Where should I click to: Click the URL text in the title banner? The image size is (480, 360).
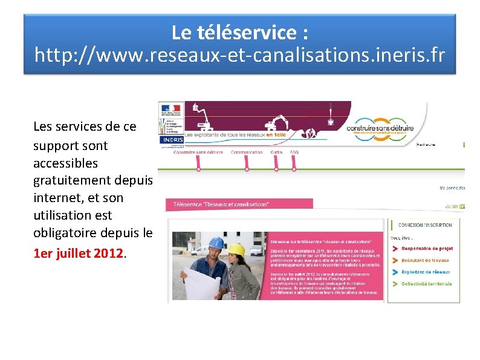click(x=239, y=56)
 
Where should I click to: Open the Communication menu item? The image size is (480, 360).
click(x=247, y=152)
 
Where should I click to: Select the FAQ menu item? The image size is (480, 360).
click(x=294, y=152)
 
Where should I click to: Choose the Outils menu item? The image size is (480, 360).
click(x=277, y=152)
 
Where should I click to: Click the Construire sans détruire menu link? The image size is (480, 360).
click(x=198, y=152)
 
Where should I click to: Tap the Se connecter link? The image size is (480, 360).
click(x=452, y=188)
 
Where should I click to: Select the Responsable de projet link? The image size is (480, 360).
click(x=427, y=248)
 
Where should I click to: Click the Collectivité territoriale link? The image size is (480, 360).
click(x=426, y=283)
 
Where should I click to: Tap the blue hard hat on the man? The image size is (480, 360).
click(x=216, y=243)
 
